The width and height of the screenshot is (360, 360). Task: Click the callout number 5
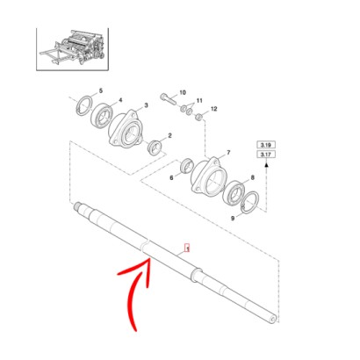[101, 90]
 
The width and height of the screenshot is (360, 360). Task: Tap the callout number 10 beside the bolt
[183, 92]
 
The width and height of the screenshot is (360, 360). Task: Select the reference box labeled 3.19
[266, 145]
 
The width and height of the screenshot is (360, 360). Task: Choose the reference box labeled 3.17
[266, 154]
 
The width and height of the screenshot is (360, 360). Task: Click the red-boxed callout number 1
[187, 248]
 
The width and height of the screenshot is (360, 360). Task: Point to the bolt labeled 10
[168, 98]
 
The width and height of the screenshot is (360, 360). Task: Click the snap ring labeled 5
[84, 104]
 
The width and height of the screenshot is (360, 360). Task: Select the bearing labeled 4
[102, 118]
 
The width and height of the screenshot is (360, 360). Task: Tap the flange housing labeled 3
[126, 128]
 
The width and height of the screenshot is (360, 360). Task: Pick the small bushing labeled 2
[155, 147]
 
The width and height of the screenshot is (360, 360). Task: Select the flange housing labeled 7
[209, 176]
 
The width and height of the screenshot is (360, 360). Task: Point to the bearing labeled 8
[234, 192]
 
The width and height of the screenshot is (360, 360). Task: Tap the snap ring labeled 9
[250, 203]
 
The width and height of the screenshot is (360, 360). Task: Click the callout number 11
[199, 101]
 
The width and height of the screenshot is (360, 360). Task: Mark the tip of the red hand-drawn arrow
[150, 258]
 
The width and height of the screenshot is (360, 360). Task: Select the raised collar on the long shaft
[196, 275]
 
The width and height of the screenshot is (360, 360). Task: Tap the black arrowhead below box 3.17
[266, 165]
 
